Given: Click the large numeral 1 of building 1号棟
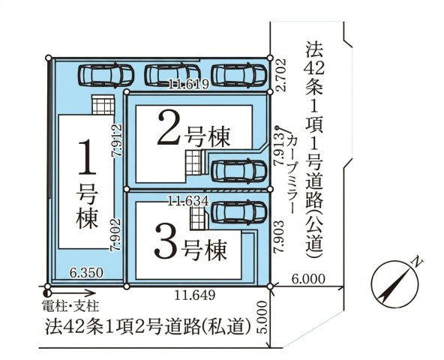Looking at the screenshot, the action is click(87, 157).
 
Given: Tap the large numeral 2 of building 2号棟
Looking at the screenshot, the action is click(170, 128).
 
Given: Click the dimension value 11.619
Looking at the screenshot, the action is click(188, 84).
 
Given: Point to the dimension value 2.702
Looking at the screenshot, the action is click(281, 75).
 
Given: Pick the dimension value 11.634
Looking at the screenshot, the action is click(188, 202).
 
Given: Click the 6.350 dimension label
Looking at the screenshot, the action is click(86, 273).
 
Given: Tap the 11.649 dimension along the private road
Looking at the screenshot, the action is click(194, 295).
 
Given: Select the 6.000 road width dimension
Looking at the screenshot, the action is click(308, 279).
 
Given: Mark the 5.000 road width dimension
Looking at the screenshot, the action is click(262, 317).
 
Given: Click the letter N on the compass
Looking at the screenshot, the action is click(417, 262).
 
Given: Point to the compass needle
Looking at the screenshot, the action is click(394, 284).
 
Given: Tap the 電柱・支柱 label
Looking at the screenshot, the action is click(70, 306).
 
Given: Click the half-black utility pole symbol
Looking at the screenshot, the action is click(47, 292).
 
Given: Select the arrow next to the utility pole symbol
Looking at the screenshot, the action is click(73, 292).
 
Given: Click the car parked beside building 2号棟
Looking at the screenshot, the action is click(238, 170).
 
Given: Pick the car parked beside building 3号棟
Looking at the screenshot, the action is click(238, 211).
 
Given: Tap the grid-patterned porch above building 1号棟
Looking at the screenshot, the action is click(103, 105).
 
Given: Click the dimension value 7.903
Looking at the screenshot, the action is click(280, 236).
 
